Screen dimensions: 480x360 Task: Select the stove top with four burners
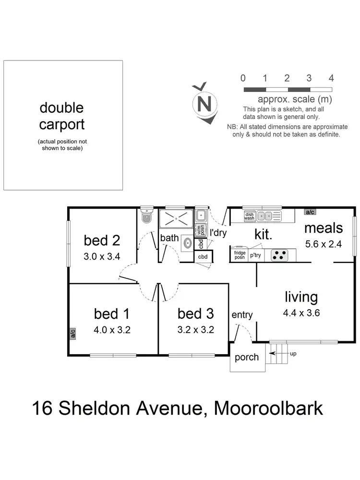click(x=279, y=255)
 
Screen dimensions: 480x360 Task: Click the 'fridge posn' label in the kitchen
click(x=240, y=255)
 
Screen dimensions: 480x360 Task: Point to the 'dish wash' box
click(x=249, y=216)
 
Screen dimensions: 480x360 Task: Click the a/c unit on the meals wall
click(x=310, y=212)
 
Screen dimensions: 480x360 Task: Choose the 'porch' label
click(x=247, y=357)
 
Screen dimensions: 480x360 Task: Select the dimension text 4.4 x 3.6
click(x=302, y=313)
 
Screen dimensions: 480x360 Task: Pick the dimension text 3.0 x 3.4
click(x=102, y=256)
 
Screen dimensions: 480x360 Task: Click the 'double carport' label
click(x=62, y=116)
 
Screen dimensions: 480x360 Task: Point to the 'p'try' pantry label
click(x=255, y=255)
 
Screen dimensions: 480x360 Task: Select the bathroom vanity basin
click(x=186, y=244)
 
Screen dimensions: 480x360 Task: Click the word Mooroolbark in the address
click(x=268, y=408)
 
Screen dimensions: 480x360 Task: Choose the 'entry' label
click(x=242, y=315)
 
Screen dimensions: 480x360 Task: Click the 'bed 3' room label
click(x=195, y=314)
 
